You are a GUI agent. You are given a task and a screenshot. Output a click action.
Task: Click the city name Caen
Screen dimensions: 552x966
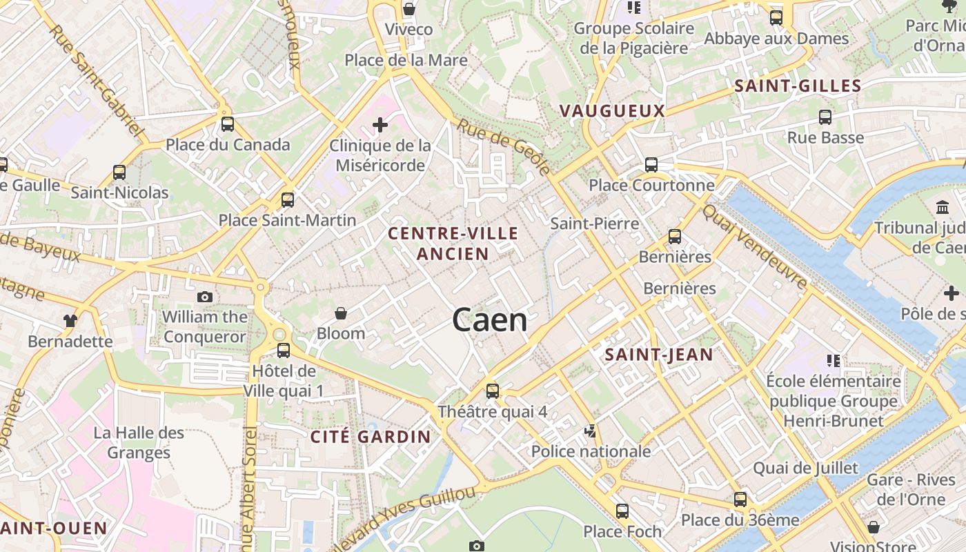490,321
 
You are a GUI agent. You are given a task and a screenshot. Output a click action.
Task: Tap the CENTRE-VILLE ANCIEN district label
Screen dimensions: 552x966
453,243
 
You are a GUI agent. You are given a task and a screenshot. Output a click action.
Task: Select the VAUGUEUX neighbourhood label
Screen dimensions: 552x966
612,110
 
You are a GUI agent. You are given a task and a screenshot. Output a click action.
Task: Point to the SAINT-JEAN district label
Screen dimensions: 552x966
658,355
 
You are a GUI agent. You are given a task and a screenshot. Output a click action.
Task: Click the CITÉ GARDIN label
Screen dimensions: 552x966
371,437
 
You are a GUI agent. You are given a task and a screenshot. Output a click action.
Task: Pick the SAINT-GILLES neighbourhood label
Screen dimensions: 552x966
798,86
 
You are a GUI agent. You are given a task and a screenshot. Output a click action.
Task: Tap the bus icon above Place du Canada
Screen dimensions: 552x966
228,124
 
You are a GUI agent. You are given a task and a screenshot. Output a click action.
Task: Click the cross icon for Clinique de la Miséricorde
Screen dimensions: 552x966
379,125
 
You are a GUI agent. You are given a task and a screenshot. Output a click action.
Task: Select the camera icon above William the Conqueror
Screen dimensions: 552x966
205,297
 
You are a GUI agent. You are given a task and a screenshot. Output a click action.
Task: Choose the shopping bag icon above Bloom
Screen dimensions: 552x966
340,313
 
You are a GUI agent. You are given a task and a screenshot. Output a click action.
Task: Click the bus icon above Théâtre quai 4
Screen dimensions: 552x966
493,391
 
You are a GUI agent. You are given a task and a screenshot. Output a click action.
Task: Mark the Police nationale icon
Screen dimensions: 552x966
590,431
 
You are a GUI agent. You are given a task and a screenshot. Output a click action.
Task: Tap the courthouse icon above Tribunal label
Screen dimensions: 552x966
942,207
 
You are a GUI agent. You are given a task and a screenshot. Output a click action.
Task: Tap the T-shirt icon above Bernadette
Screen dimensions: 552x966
70,320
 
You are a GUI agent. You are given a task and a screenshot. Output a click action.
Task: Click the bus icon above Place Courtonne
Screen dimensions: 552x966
651,164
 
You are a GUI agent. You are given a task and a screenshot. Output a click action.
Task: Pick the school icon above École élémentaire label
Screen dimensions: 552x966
833,360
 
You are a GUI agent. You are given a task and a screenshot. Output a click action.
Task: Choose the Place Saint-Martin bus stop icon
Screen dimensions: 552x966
288,200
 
